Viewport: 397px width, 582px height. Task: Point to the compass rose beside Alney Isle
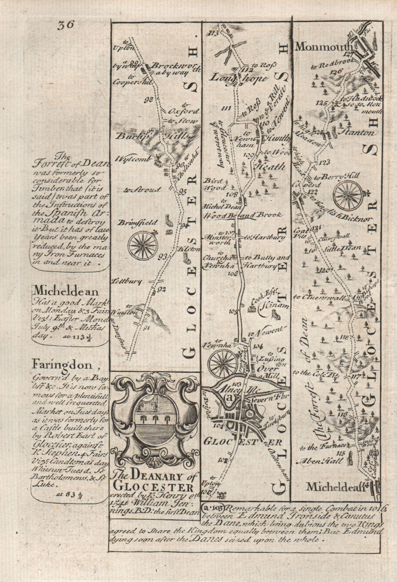[222, 363]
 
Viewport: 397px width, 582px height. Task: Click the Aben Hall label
[320, 461]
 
